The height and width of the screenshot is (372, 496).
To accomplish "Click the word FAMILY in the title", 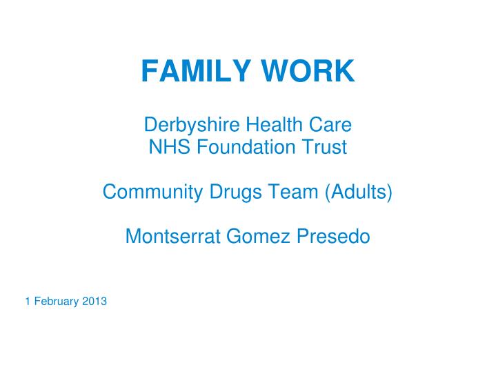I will [x=196, y=71].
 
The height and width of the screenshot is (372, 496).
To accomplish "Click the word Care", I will [x=329, y=126].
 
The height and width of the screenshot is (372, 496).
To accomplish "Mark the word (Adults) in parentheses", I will [x=359, y=192].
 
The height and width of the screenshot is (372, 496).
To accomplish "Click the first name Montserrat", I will [x=172, y=237].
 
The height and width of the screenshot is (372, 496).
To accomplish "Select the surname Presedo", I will [x=333, y=237].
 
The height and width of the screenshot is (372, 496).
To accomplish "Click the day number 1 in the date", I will [x=28, y=301].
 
